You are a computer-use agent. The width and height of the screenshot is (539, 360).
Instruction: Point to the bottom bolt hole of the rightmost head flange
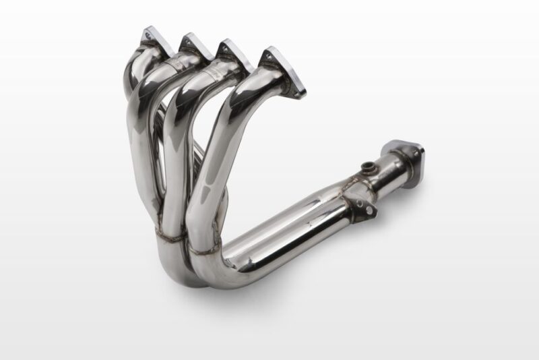(x=296, y=87)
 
